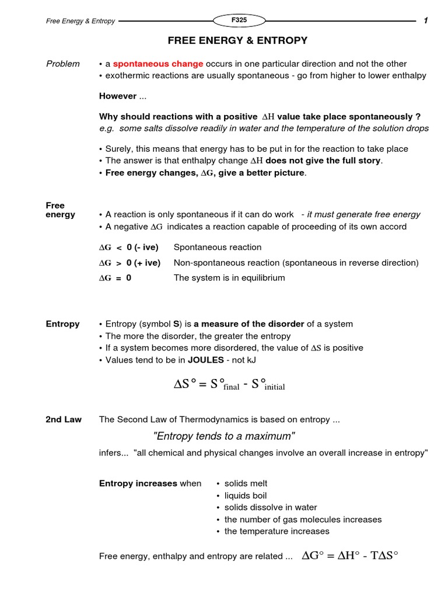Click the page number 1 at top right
tap(426, 21)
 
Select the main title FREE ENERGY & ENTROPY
tap(237, 41)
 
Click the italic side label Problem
tap(63, 64)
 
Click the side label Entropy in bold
tap(63, 324)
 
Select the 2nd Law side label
tap(64, 419)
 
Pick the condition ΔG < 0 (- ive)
tap(129, 247)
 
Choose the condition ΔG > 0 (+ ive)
tap(129, 263)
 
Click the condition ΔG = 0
tap(116, 278)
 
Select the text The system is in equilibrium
tap(229, 278)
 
